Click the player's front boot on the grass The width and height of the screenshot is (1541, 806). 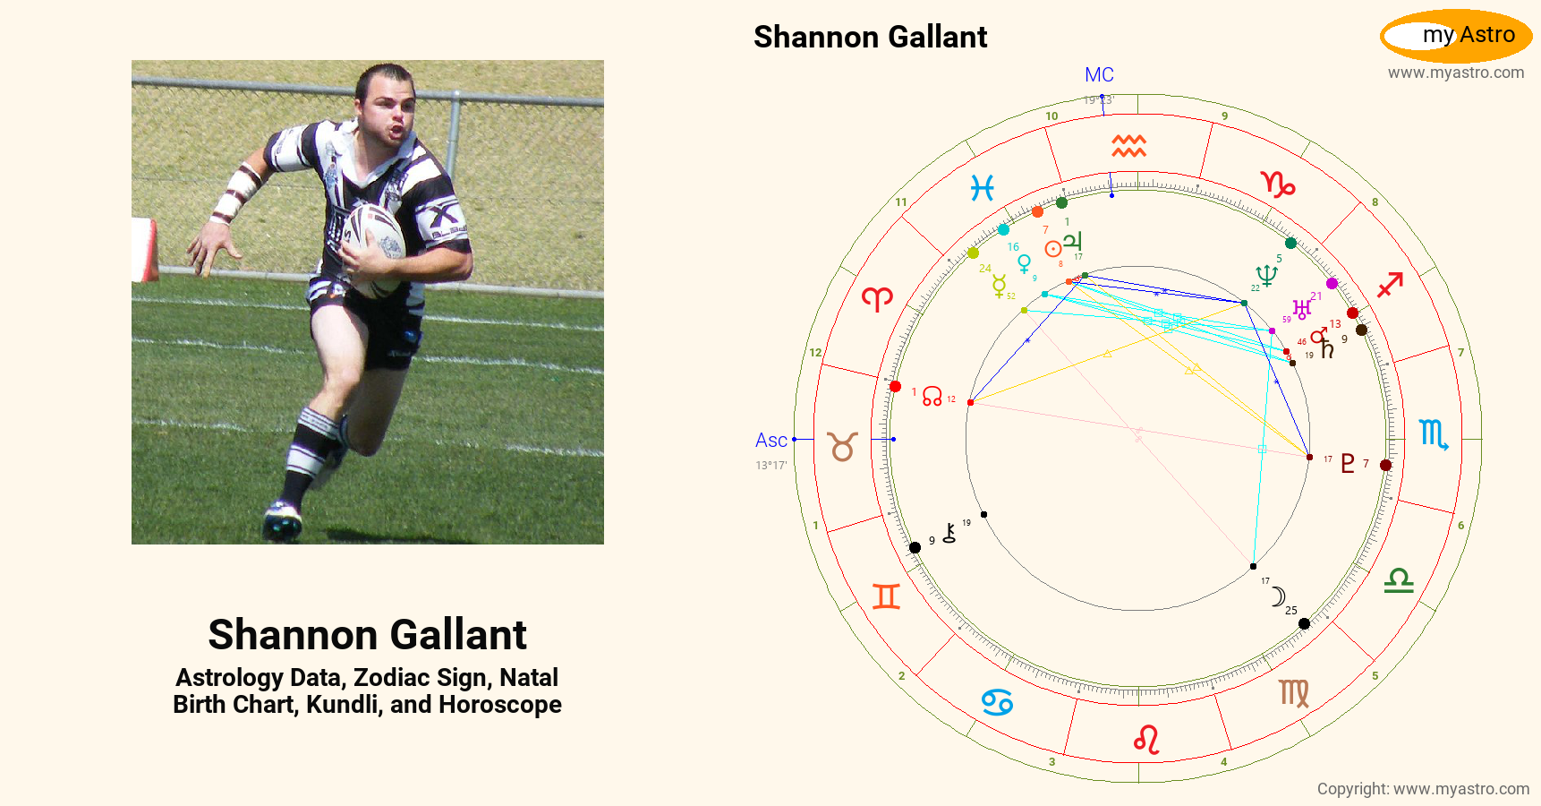[282, 521]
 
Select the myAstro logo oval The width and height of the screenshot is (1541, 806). [1456, 36]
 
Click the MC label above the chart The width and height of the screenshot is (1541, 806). [1099, 75]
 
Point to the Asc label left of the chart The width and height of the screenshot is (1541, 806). [770, 441]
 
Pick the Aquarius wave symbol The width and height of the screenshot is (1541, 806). [1128, 146]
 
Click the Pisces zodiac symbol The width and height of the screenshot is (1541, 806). [983, 188]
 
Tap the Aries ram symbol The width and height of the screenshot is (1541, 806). [877, 298]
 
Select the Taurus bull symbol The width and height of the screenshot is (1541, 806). [842, 446]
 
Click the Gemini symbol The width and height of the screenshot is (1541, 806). [886, 596]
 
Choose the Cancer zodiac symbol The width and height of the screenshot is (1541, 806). [997, 702]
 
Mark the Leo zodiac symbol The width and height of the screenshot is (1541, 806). [1146, 740]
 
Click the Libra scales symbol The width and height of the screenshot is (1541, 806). [1399, 581]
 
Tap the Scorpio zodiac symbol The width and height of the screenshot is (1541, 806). [1434, 434]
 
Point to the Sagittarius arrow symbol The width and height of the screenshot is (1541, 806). [1390, 286]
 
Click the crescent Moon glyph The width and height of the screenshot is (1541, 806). [1279, 596]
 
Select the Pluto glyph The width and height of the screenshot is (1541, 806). [1347, 463]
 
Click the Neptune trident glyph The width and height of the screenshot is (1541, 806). [1266, 275]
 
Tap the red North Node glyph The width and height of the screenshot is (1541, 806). [932, 396]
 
